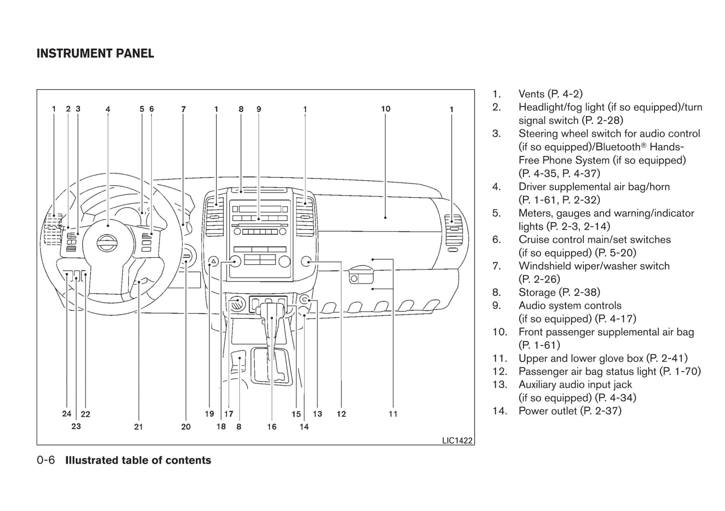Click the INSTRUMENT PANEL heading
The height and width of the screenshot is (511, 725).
[95, 53]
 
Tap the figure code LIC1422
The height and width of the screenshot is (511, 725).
[457, 440]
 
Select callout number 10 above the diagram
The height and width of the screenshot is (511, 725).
[385, 109]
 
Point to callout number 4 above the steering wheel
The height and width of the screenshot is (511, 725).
[108, 109]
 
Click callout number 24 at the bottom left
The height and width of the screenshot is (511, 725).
[67, 414]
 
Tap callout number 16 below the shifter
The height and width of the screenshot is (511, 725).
[271, 427]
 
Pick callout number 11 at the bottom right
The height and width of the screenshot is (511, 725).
[393, 414]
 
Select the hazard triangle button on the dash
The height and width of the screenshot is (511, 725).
[213, 261]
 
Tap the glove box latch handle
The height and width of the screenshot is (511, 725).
[359, 275]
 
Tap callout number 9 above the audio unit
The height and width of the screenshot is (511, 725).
[258, 109]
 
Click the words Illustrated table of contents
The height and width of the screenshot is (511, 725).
[138, 460]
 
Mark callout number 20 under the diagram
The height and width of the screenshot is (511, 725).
[186, 427]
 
